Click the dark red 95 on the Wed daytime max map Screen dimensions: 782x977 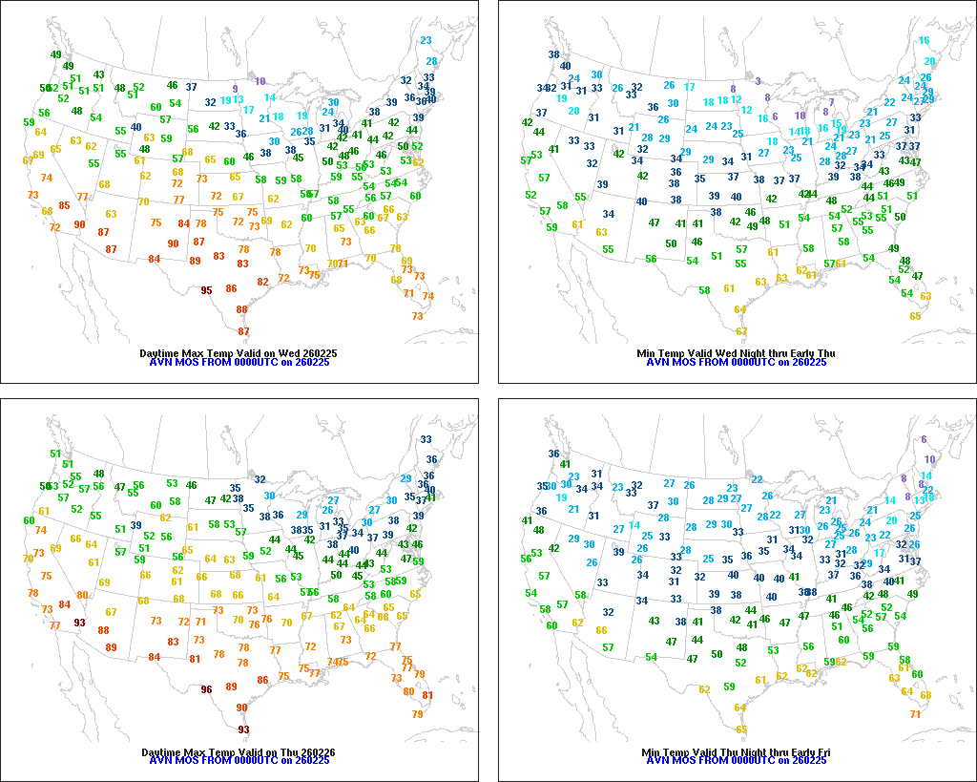click(206, 290)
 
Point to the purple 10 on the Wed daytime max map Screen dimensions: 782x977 click(260, 82)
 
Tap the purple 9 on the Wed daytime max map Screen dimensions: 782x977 click(235, 89)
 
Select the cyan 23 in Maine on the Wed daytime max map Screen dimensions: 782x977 click(426, 40)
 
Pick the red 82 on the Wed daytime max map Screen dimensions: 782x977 click(262, 283)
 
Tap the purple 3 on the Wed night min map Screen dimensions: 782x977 click(758, 81)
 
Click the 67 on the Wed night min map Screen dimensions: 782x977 click(741, 331)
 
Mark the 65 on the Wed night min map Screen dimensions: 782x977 click(915, 316)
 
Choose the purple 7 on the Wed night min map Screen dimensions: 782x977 click(831, 102)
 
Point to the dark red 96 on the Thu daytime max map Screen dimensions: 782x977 click(206, 689)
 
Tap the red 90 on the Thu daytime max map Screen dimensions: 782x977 click(242, 708)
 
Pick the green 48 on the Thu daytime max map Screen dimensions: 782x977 click(99, 474)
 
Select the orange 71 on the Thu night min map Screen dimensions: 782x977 click(915, 714)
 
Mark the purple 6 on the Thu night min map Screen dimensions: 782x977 click(924, 440)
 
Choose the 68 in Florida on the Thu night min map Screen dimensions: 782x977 click(925, 695)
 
